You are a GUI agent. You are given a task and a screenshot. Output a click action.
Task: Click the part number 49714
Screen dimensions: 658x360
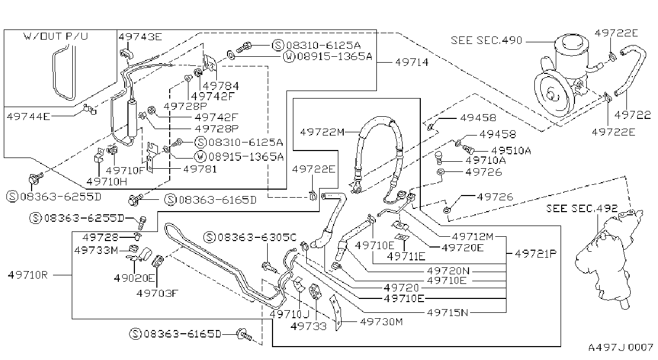tap(412, 62)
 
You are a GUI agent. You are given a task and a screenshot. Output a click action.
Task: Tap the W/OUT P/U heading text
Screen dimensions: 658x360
tap(56, 36)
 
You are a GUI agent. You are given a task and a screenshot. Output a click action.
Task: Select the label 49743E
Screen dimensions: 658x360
tap(140, 37)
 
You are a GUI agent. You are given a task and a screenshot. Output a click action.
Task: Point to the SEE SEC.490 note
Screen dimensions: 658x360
tap(486, 40)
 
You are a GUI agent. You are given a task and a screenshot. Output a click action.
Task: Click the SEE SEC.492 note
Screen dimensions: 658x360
tap(581, 208)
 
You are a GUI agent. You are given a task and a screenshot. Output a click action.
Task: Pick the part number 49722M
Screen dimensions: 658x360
tap(322, 132)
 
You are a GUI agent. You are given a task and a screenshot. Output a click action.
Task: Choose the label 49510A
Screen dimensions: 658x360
tap(511, 151)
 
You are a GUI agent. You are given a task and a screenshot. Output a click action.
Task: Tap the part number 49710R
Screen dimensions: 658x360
tap(28, 275)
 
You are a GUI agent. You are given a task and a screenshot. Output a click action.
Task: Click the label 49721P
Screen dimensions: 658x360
tap(535, 253)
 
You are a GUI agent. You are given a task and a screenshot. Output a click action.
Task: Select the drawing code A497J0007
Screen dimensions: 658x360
tap(621, 348)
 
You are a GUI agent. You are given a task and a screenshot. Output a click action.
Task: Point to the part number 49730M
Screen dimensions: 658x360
tap(381, 322)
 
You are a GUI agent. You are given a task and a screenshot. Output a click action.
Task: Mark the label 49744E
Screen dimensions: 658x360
tap(28, 117)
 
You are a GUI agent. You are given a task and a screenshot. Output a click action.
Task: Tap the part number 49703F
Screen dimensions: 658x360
tap(157, 293)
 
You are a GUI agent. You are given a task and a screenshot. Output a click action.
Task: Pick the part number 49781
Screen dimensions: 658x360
tap(200, 169)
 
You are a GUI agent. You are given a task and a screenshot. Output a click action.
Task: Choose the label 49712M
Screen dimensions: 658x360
tap(473, 236)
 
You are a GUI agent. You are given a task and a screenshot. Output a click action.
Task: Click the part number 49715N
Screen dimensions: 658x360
tap(448, 312)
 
